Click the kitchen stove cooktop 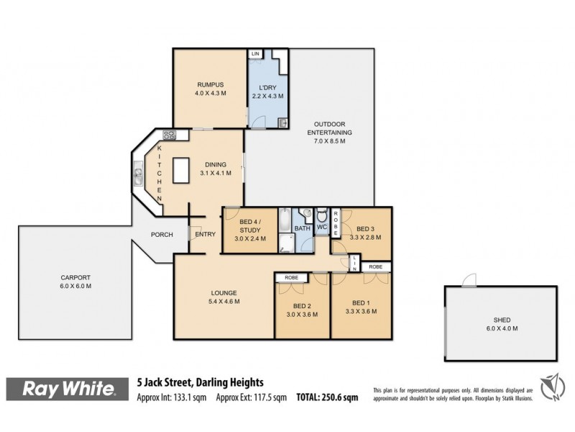(170, 135)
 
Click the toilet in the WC (323, 215)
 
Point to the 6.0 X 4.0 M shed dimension (501, 328)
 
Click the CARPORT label (75, 278)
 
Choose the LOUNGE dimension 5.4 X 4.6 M (224, 302)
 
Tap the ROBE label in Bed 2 (292, 277)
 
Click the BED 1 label (362, 303)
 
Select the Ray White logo (69, 389)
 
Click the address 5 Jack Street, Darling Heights (201, 382)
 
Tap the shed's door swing (469, 280)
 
